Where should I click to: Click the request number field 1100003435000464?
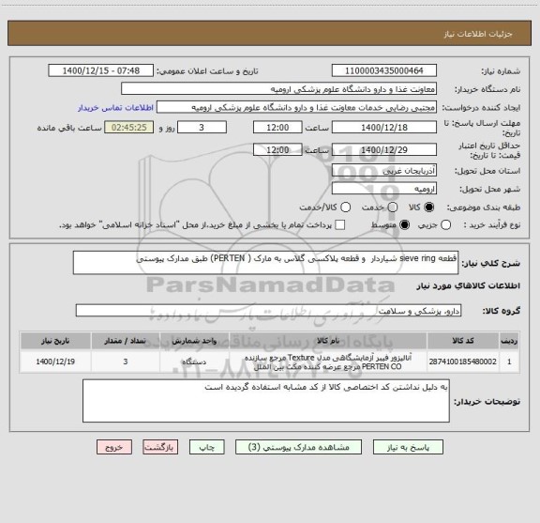pyautogui.click(x=384, y=71)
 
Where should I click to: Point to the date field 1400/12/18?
pyautogui.click(x=384, y=127)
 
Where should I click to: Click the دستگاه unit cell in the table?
pyautogui.click(x=229, y=360)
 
